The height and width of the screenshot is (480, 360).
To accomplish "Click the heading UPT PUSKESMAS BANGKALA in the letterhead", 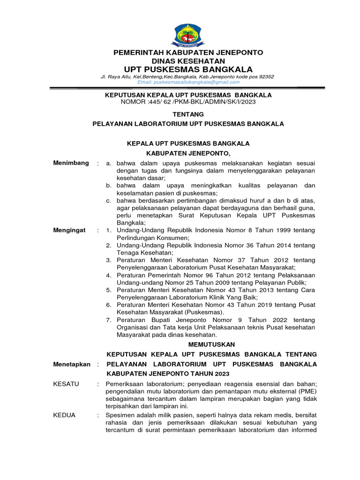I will pyautogui.click(x=188, y=69).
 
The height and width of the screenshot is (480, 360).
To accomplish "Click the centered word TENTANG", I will pyautogui.click(x=188, y=114).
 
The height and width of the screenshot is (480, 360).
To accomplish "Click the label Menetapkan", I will pyautogui.click(x=72, y=364).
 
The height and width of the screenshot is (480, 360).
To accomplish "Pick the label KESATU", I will pyautogui.click(x=67, y=384).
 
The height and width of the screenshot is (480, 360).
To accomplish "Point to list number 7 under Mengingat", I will pyautogui.click(x=108, y=320).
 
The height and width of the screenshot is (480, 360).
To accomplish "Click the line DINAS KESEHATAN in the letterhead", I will pyautogui.click(x=188, y=61).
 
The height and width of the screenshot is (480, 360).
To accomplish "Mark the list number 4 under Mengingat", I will pyautogui.click(x=108, y=275).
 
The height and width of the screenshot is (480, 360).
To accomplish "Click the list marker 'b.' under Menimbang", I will pyautogui.click(x=108, y=186).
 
